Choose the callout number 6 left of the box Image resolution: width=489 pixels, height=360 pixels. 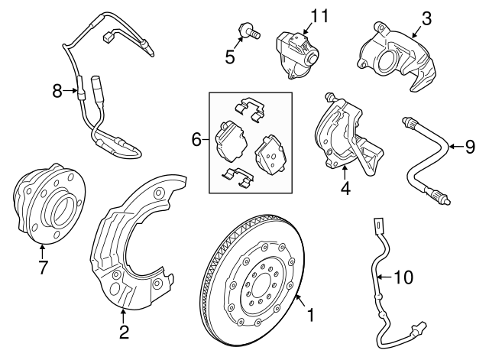click(x=196, y=139)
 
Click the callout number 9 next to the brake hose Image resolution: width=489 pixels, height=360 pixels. click(x=470, y=146)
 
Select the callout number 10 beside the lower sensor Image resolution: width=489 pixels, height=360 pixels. click(x=404, y=277)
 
